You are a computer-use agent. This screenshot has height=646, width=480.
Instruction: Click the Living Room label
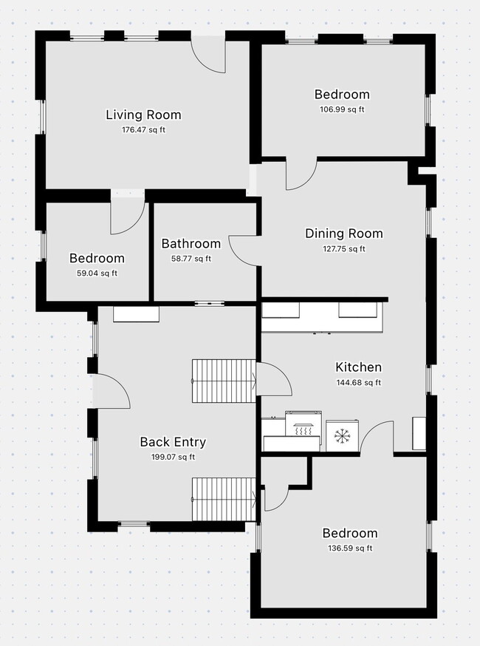[143, 115]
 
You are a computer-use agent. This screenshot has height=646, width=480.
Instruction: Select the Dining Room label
[344, 234]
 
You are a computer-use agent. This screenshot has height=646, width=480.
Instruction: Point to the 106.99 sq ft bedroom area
[342, 109]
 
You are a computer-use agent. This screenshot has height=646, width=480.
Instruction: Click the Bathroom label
[191, 244]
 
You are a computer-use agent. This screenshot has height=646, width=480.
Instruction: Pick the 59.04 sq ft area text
[97, 273]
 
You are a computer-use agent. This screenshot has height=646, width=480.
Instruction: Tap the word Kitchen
[358, 367]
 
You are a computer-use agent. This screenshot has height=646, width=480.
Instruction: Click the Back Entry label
[173, 442]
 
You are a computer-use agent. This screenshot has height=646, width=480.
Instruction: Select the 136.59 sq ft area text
[349, 548]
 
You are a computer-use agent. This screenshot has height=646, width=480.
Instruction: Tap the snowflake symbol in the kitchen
[341, 435]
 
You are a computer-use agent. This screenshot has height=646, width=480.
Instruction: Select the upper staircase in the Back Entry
[224, 381]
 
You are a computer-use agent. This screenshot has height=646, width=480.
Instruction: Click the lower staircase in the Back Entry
[224, 499]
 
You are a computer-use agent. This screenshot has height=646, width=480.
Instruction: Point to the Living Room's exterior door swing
[209, 56]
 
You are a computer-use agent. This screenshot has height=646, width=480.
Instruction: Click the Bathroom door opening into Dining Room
[244, 251]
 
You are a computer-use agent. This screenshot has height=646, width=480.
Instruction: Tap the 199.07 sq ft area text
[173, 457]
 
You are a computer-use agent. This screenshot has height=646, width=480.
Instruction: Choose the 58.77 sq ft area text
[191, 259]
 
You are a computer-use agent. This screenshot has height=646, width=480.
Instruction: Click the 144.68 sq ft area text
[358, 383]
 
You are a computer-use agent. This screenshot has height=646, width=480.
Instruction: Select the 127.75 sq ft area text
[344, 249]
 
